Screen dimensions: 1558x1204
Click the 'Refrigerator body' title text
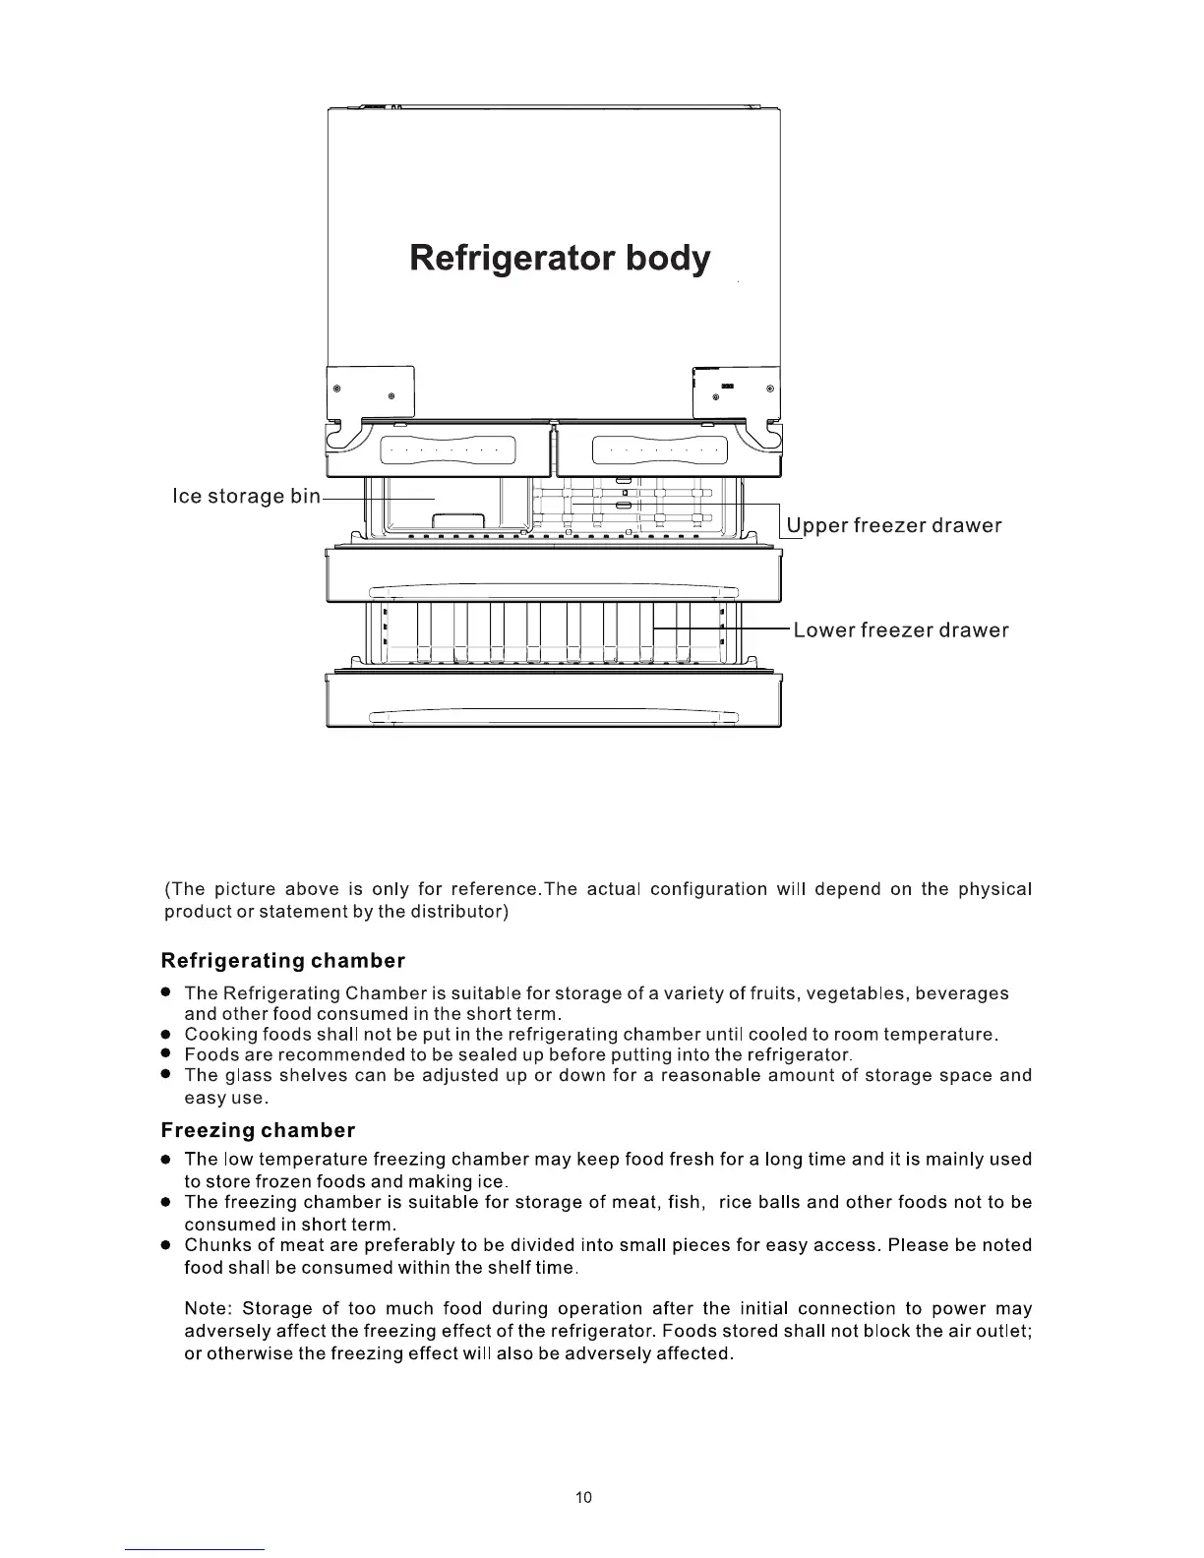(x=559, y=259)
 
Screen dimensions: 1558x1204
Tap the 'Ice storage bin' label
(x=246, y=496)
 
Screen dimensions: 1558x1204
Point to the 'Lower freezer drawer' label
(x=901, y=630)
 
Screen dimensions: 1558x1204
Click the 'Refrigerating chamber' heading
(x=282, y=960)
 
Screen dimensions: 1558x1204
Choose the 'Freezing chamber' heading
(x=258, y=1130)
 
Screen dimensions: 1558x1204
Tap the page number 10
(x=584, y=1497)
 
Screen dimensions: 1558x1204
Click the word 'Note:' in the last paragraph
(x=208, y=1308)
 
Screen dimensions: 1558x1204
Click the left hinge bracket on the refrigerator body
(x=370, y=390)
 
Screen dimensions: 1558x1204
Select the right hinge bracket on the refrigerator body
(x=736, y=390)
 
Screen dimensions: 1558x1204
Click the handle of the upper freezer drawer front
(x=553, y=591)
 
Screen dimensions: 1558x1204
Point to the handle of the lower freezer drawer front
(x=553, y=717)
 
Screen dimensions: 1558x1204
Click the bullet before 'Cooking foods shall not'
(x=168, y=1035)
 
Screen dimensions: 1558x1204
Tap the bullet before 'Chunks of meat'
(x=168, y=1245)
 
